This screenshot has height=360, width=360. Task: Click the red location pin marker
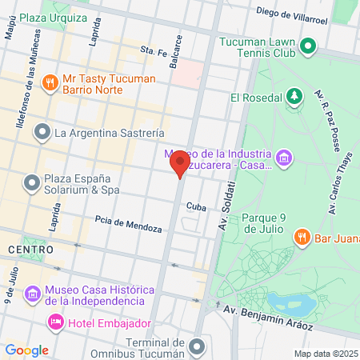click(x=179, y=165)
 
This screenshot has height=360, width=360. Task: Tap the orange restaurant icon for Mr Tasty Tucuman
click(x=50, y=81)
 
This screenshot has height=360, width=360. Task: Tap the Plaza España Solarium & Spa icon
click(x=32, y=184)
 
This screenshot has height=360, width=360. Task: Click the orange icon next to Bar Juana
click(x=302, y=236)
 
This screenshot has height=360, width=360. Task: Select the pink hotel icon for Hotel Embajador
click(x=56, y=323)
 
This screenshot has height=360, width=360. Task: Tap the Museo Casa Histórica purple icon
click(x=32, y=294)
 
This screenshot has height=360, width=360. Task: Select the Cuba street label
click(x=196, y=206)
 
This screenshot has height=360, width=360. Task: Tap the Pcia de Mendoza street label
click(x=128, y=223)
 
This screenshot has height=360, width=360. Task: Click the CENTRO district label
click(x=30, y=250)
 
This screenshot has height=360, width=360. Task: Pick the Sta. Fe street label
click(x=153, y=50)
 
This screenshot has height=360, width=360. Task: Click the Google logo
click(x=26, y=350)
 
